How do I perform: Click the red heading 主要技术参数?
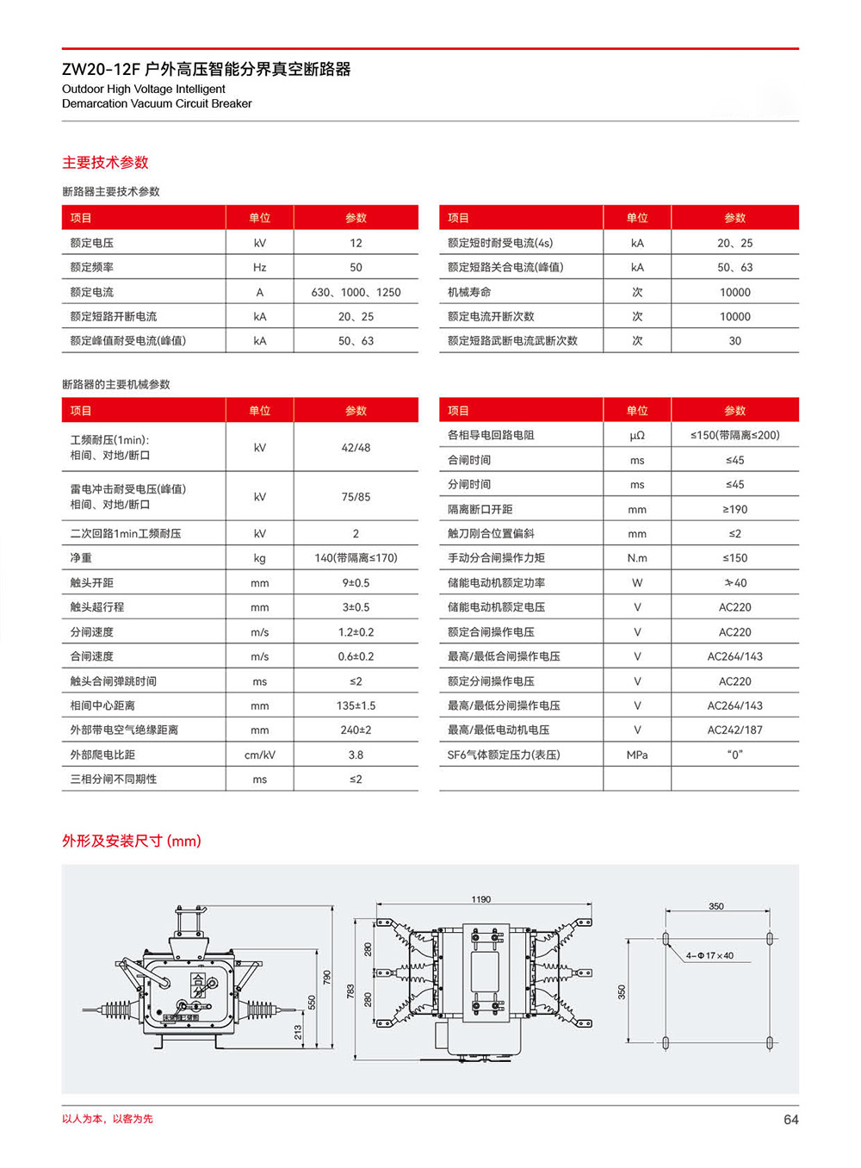click(105, 162)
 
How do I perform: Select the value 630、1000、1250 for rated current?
click(356, 292)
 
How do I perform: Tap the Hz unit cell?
click(259, 267)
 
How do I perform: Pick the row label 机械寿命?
click(469, 292)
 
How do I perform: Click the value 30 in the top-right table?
click(734, 341)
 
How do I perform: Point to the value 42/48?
click(356, 448)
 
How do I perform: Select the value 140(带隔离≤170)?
click(356, 558)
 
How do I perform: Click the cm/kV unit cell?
click(259, 755)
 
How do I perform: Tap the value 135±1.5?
click(356, 705)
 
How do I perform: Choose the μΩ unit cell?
click(637, 436)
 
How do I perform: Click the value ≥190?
click(734, 509)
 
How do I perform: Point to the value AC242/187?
click(734, 730)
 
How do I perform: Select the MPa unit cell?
click(637, 755)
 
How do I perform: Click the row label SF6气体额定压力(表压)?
click(504, 755)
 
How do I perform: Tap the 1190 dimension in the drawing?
click(480, 899)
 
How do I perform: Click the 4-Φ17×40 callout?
click(709, 955)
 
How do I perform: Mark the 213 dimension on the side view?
click(298, 1031)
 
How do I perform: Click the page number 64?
click(790, 1120)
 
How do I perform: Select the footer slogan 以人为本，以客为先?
click(108, 1119)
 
